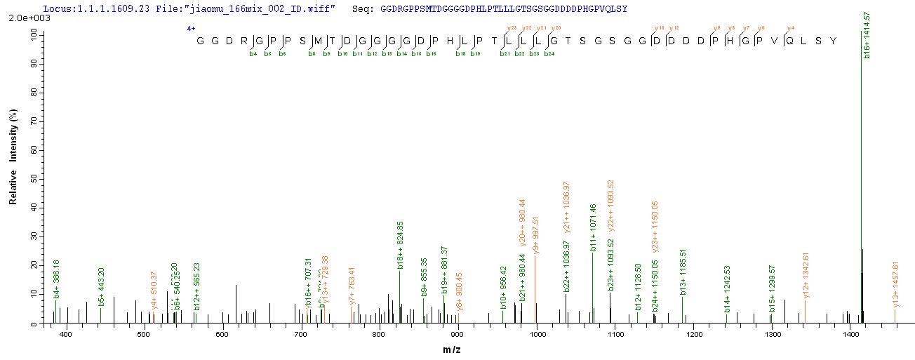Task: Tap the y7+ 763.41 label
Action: pos(352,285)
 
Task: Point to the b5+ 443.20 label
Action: pos(102,286)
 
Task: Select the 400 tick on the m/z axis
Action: pos(67,335)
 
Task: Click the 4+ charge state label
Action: pos(190,29)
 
